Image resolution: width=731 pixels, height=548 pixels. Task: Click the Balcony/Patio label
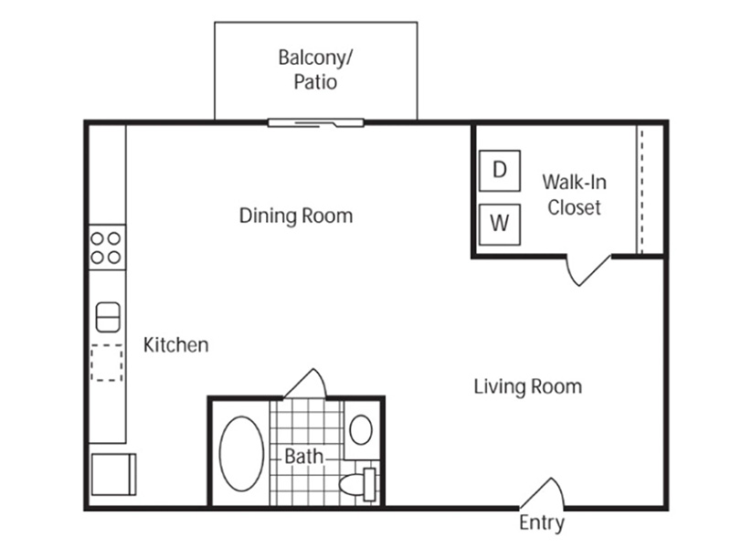315,69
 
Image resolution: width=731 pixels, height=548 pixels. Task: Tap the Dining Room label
296,216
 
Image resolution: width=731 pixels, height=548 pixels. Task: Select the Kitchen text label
175,345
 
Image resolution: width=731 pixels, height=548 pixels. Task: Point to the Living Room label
528,386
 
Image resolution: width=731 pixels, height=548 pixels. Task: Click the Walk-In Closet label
575,195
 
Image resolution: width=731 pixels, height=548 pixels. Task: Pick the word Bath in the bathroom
303,457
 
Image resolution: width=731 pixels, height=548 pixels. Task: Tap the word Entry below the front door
542,522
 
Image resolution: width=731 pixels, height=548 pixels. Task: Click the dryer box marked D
500,171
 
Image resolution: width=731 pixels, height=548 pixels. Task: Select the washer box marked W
500,225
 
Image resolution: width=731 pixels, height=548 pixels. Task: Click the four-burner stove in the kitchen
107,248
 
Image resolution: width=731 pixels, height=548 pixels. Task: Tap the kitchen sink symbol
108,317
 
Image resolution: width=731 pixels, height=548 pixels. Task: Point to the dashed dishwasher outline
107,363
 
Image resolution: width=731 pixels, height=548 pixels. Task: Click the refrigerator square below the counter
113,474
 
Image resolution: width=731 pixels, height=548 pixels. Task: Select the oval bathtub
241,454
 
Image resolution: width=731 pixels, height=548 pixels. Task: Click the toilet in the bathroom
357,485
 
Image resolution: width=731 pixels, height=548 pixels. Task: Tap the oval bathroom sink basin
361,429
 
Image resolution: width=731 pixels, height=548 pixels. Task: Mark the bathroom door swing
305,384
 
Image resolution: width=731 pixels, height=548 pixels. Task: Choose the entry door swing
542,492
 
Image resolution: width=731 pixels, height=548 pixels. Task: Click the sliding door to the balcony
315,123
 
